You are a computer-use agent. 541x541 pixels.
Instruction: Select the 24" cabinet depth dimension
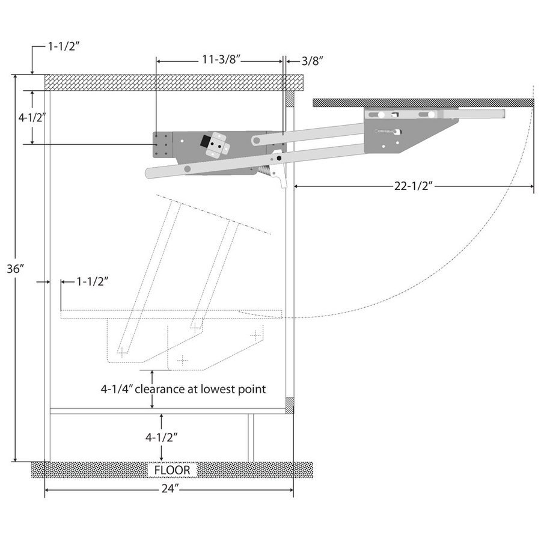tap(170, 489)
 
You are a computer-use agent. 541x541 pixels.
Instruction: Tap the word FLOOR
tap(172, 470)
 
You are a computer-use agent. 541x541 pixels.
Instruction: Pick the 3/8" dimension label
tap(313, 60)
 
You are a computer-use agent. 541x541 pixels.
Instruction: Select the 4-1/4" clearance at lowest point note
tap(183, 389)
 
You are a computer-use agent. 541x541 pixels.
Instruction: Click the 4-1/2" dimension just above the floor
tap(160, 437)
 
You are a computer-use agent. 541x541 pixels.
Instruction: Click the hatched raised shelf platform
tap(421, 103)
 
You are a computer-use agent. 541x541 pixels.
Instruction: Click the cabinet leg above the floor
tap(251, 438)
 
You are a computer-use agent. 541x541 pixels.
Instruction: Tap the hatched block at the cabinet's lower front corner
tap(290, 405)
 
